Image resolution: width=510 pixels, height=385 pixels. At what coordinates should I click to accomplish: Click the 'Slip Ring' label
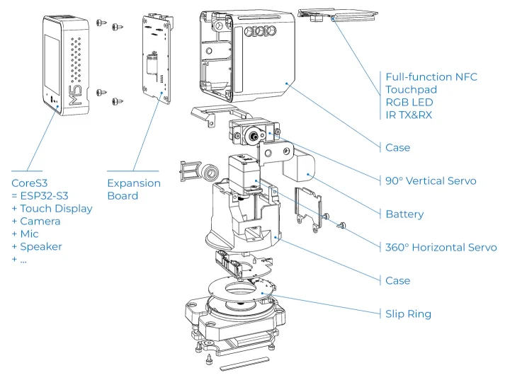(408, 314)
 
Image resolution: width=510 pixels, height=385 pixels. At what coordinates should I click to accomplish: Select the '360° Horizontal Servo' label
(441, 247)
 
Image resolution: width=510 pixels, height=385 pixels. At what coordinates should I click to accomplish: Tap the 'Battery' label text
(404, 214)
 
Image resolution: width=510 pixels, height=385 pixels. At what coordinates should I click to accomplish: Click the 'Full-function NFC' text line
(431, 76)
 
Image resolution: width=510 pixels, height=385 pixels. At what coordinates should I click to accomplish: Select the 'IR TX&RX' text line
(408, 115)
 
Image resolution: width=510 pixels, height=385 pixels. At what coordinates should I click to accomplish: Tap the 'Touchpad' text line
(411, 89)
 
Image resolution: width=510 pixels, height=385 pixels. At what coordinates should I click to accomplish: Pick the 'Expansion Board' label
(133, 189)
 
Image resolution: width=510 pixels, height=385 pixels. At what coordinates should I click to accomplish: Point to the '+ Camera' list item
(35, 221)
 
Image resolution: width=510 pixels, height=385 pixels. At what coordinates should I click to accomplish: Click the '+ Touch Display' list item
(52, 208)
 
